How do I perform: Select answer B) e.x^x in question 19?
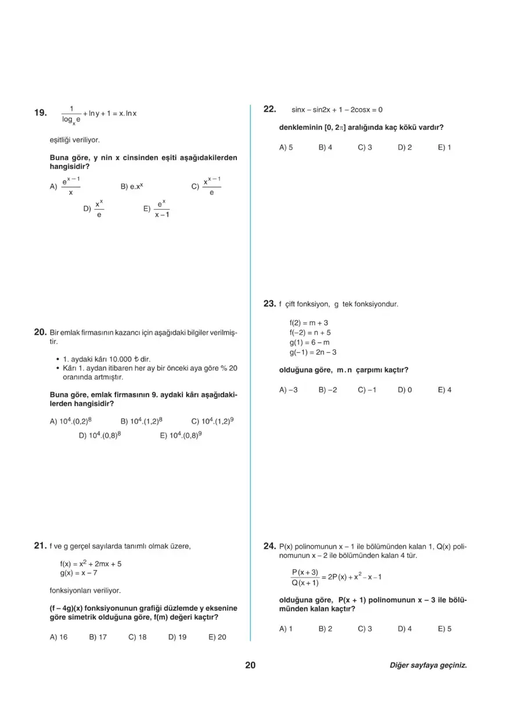point(132,187)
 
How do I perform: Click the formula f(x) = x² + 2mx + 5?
point(91,563)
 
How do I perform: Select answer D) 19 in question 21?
point(177,637)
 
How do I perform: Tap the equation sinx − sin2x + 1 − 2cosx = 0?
point(337,110)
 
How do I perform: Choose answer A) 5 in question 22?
point(286,147)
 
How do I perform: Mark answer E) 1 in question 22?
point(444,147)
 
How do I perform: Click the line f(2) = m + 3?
point(309,323)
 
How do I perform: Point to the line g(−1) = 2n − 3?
point(313,352)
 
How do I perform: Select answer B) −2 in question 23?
point(328,390)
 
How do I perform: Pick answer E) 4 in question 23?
point(444,390)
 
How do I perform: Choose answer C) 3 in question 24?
point(365,629)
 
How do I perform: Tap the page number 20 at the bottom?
point(250,665)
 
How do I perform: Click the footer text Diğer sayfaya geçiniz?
point(428,666)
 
